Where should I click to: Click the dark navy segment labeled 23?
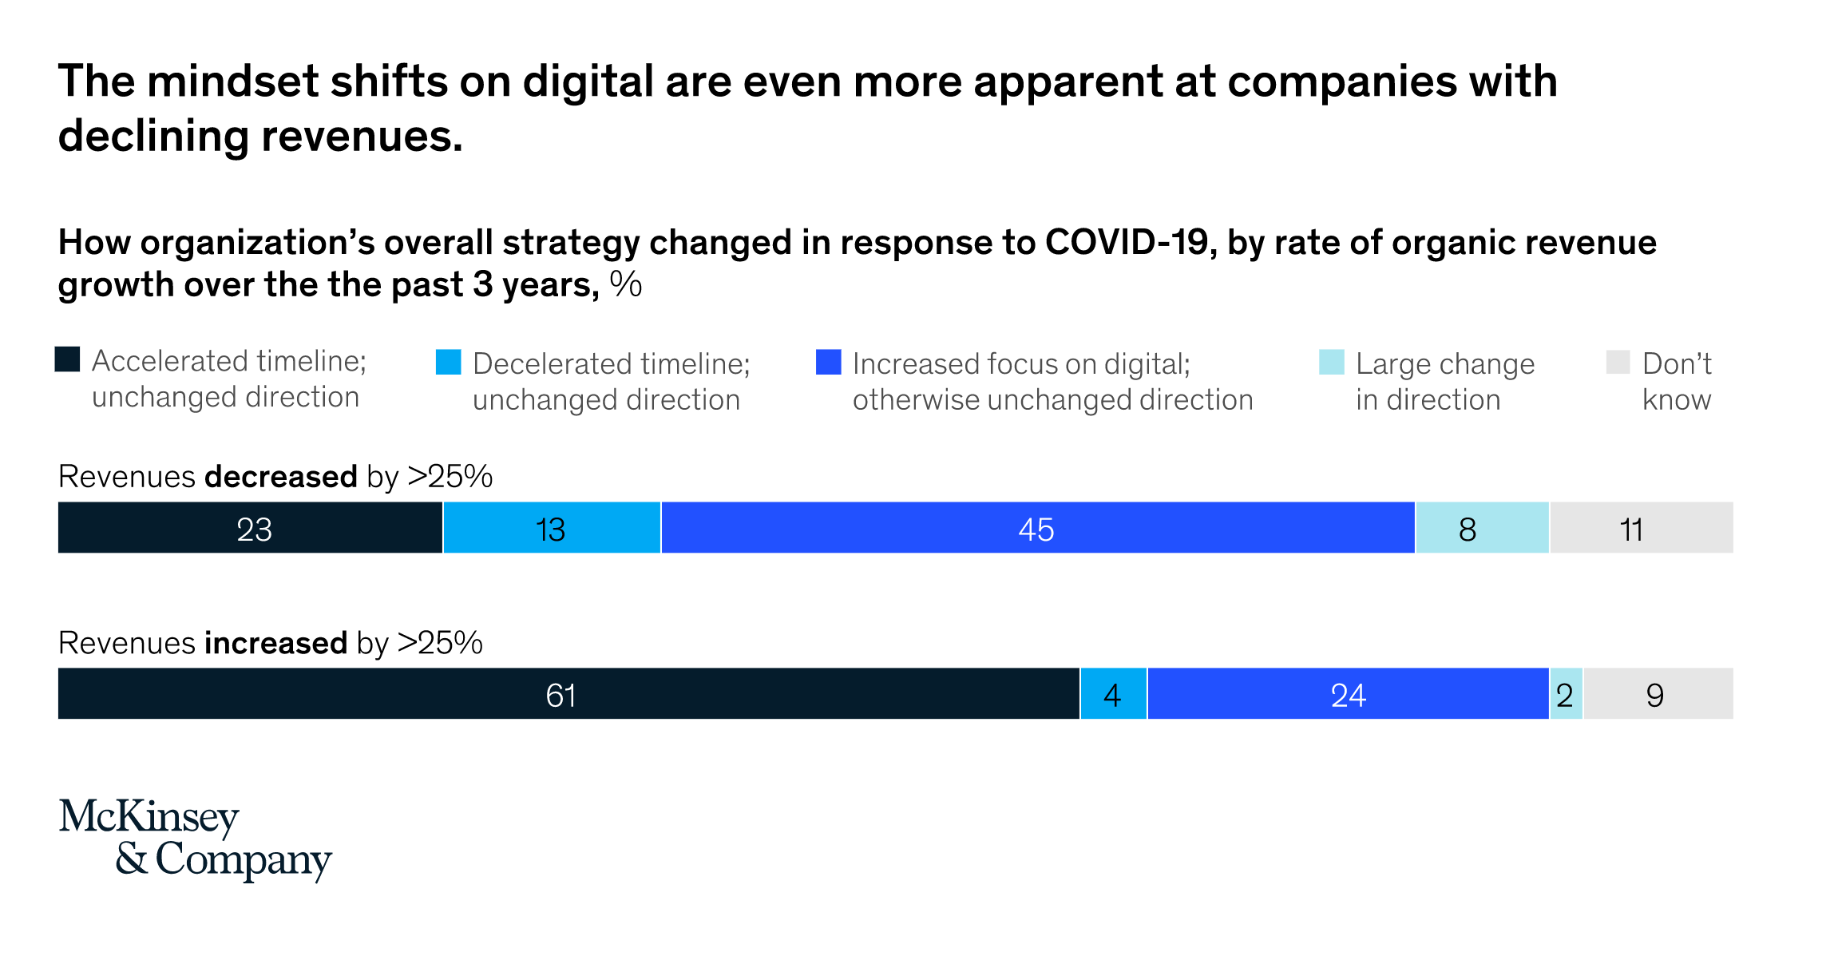click(250, 528)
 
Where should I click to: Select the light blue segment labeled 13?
click(552, 528)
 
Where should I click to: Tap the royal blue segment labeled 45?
click(1037, 528)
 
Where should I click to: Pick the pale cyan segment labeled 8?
click(1482, 528)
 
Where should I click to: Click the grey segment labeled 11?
click(1641, 528)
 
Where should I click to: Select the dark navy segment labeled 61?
click(568, 694)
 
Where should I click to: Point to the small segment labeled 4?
click(1113, 694)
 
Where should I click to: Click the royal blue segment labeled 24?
click(1348, 694)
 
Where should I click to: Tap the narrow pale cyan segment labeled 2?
click(1566, 694)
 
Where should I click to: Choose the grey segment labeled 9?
click(1658, 694)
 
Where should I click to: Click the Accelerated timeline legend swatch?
click(67, 359)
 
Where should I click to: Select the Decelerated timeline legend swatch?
click(448, 362)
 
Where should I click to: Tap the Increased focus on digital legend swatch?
click(828, 362)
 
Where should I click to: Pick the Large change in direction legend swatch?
click(1331, 362)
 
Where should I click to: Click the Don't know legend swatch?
click(1618, 362)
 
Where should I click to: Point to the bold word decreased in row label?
click(281, 477)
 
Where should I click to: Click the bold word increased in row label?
click(275, 643)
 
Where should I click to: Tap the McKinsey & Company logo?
click(195, 838)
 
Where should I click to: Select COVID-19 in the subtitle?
click(1131, 243)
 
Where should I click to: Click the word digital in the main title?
click(588, 81)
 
